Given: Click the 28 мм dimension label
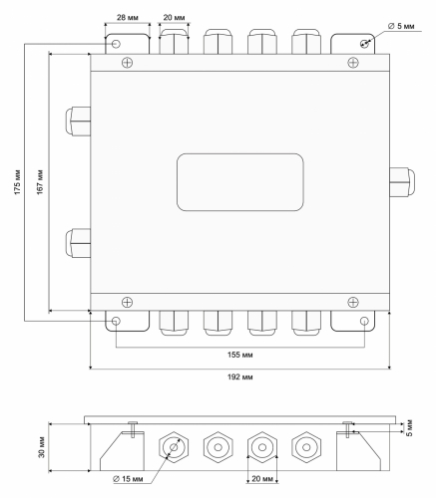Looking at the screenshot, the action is coord(128,18).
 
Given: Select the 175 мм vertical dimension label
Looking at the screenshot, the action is coord(18,182).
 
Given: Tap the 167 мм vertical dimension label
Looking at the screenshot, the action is coord(40,182).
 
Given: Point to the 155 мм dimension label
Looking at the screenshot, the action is coord(240,355).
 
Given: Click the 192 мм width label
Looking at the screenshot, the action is coord(240,377).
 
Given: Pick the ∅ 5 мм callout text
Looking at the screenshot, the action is coord(401,26).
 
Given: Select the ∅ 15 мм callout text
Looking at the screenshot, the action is coord(128,479).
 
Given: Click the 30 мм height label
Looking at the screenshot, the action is coord(42,447).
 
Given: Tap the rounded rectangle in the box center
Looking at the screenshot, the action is coord(240,182).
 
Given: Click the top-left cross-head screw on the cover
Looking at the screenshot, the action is coord(127,63).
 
